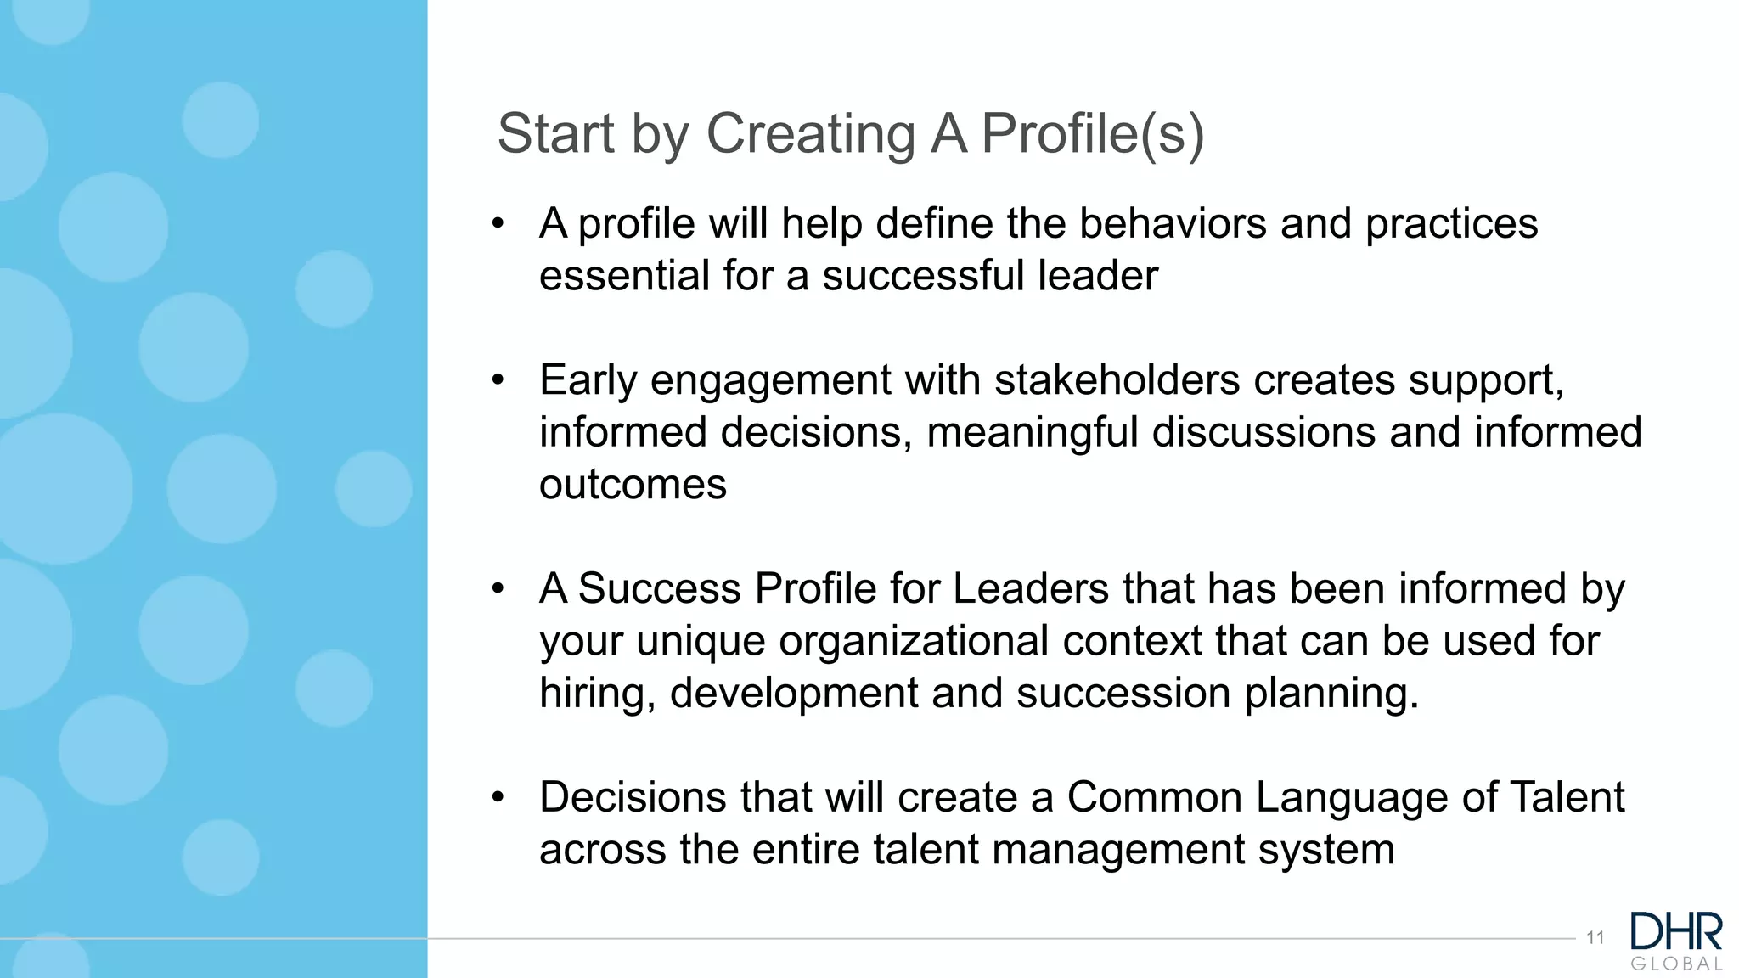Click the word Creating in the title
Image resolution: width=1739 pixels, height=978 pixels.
pos(810,134)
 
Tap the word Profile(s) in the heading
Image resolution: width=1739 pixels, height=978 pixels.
pos(1092,134)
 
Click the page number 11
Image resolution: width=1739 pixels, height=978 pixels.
pos(1595,938)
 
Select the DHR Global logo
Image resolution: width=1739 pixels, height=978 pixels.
pos(1676,941)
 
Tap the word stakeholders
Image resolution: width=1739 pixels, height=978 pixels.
pos(1117,379)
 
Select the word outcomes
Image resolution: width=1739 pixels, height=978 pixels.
pos(633,486)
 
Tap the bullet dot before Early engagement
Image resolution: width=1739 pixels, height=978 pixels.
pos(498,380)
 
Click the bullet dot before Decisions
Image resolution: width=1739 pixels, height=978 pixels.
pos(498,798)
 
